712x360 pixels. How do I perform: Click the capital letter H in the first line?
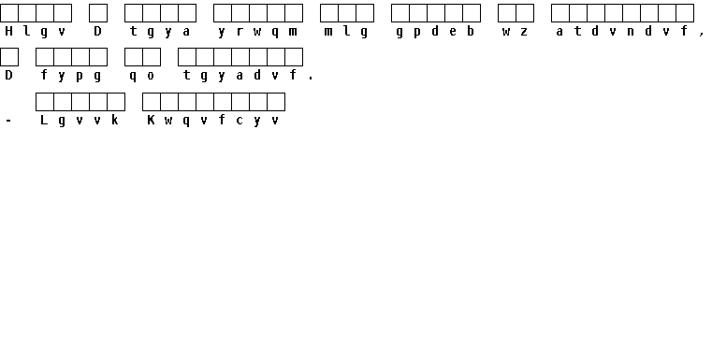coord(8,31)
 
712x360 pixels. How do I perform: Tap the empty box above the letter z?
coord(525,13)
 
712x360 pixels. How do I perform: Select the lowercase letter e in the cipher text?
coord(453,32)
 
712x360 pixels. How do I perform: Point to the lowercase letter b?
coord(471,31)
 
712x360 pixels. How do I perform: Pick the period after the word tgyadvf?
coord(311,79)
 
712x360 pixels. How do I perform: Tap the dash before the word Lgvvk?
coord(8,121)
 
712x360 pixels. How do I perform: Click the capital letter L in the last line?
coord(44,120)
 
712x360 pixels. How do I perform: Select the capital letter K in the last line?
coord(151,120)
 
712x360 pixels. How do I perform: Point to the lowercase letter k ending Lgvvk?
coord(115,120)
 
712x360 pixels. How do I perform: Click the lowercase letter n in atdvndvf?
coord(631,32)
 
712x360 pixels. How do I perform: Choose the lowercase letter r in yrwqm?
coord(240,32)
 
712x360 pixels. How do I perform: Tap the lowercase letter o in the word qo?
coord(151,76)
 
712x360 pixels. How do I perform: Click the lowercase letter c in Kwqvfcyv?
coord(240,121)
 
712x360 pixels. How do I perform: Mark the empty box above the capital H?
coord(9,13)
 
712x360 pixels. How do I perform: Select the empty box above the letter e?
coord(454,13)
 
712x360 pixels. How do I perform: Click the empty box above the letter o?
coord(152,57)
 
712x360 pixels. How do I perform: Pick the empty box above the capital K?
coord(152,102)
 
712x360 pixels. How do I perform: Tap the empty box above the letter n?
coord(632,13)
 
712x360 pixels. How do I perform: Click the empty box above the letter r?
coord(240,13)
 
